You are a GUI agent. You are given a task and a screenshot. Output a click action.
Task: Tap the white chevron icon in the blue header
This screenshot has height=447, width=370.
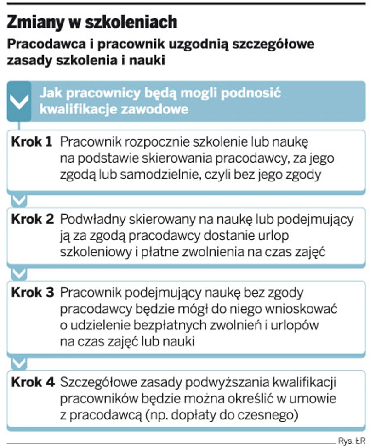click(19, 102)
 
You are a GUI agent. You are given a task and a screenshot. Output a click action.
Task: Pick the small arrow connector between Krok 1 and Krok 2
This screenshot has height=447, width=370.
click(19, 200)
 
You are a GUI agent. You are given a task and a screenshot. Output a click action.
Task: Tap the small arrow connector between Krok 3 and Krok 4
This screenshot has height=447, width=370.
click(19, 363)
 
